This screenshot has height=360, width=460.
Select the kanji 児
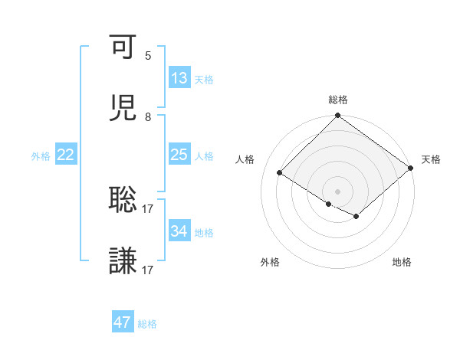[x=123, y=109]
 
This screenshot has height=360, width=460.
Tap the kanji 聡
[x=123, y=200]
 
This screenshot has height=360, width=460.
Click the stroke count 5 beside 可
[x=148, y=56]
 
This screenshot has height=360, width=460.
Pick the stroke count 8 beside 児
[x=148, y=117]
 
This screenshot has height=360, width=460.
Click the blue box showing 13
[x=179, y=77]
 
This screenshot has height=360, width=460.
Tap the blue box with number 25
[x=179, y=155]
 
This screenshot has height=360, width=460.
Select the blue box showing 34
[x=179, y=231]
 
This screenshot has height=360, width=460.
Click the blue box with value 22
[x=66, y=155]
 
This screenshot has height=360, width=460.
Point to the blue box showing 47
[x=123, y=322]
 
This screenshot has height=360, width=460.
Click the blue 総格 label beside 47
[x=147, y=324]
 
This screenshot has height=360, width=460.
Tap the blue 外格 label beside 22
[x=41, y=155]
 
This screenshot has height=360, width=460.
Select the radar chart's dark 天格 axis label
[x=431, y=159]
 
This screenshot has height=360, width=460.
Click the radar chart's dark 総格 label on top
[x=338, y=100]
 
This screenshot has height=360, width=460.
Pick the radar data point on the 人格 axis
[x=280, y=173]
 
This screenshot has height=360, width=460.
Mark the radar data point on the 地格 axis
[x=356, y=216]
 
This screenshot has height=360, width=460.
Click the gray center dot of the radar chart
[x=338, y=191]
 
